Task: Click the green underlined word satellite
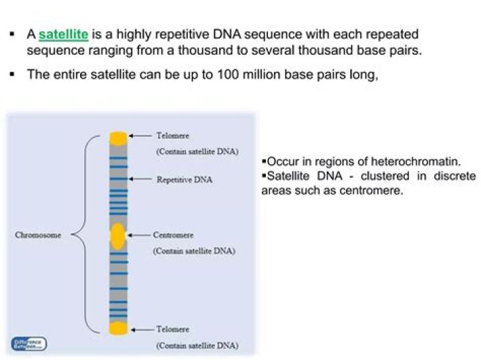click(63, 34)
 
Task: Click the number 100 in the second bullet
click(230, 74)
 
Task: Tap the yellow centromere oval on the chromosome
click(118, 236)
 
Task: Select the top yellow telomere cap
click(118, 138)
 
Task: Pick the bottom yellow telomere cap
click(118, 328)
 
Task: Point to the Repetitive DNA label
click(184, 180)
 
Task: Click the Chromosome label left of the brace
click(38, 235)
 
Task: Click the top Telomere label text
click(172, 136)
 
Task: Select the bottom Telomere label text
click(172, 329)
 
